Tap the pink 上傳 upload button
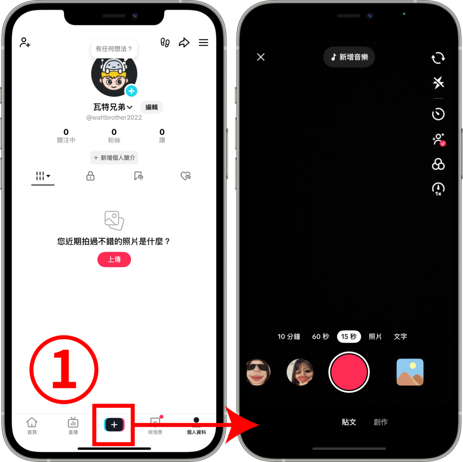(114, 259)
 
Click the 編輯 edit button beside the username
(151, 107)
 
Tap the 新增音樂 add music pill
(349, 57)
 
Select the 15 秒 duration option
(349, 336)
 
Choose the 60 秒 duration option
(321, 336)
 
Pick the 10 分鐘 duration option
(289, 336)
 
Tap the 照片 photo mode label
(375, 336)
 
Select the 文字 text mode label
(401, 336)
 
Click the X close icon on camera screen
(261, 57)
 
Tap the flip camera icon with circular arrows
(438, 58)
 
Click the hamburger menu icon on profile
(203, 42)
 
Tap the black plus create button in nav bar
(114, 425)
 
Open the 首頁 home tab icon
(32, 422)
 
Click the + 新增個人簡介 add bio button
(114, 158)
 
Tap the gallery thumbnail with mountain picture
(410, 372)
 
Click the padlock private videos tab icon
(90, 176)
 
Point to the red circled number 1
(64, 369)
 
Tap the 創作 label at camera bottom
(380, 422)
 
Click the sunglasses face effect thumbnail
(258, 372)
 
